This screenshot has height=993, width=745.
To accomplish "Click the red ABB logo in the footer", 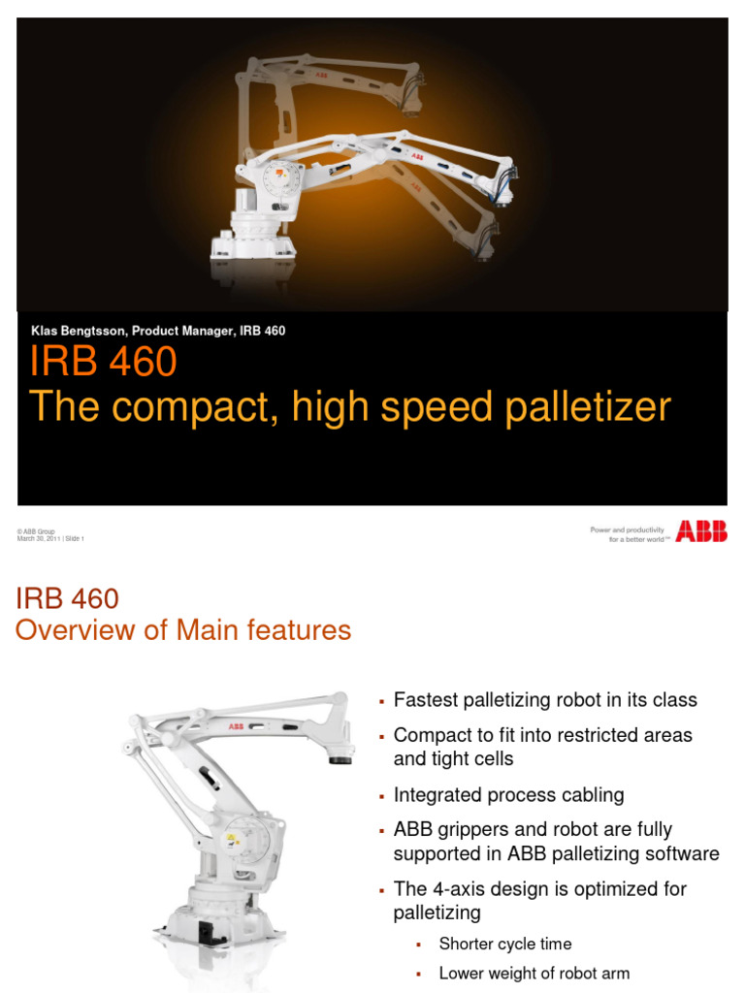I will coord(701,530).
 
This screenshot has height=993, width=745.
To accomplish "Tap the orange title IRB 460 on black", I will coord(103,363).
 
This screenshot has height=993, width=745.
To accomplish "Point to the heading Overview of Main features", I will coord(183,630).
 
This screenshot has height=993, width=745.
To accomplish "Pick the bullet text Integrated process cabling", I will coord(508,795).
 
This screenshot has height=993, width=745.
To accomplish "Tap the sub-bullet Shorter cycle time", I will coord(504,944).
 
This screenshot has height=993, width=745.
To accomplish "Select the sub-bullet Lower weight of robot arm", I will coord(534,973).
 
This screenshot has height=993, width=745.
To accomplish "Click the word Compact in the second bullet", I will coord(432,735).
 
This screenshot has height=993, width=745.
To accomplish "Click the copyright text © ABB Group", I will coord(36,531).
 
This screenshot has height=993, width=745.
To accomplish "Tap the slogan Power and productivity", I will coord(627,529).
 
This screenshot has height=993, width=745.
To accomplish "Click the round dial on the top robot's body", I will coord(278,180).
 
